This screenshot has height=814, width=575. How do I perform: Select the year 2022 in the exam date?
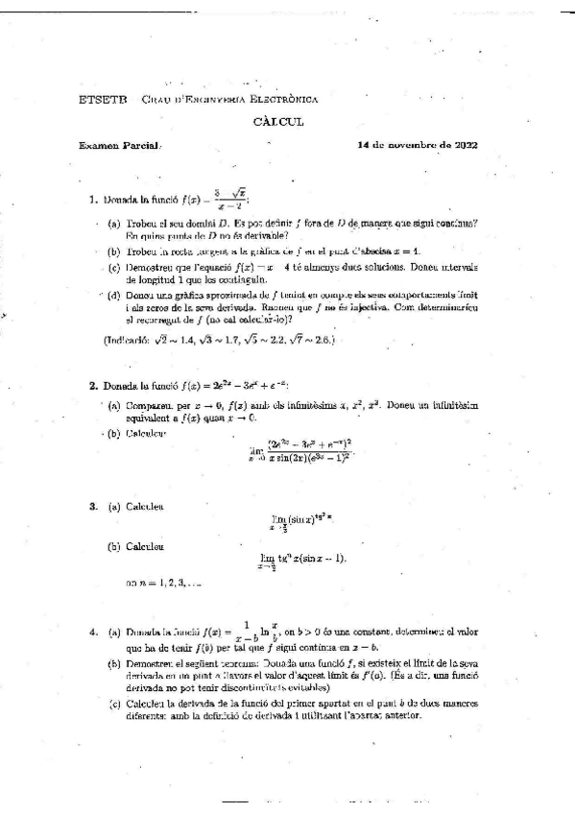pos(463,146)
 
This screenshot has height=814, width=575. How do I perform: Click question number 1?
pos(92,201)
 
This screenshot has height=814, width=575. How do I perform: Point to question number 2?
pos(92,385)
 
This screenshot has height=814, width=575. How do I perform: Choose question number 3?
pos(92,505)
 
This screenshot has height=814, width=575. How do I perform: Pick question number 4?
pos(92,634)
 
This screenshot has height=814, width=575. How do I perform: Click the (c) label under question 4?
pos(113,703)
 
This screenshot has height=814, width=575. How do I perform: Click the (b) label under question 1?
pos(113,250)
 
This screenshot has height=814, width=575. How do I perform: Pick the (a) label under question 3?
pos(113,505)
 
